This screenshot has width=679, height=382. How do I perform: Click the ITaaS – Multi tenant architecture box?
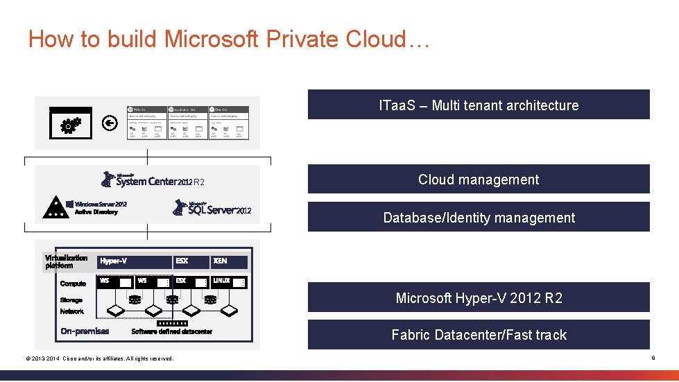pyautogui.click(x=479, y=105)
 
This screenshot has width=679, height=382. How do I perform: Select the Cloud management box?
pyautogui.click(x=479, y=179)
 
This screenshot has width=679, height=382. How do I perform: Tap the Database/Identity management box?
pyautogui.click(x=479, y=217)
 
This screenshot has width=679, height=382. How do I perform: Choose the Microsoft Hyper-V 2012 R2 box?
pyautogui.click(x=479, y=297)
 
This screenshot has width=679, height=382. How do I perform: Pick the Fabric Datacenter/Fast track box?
pyautogui.click(x=479, y=334)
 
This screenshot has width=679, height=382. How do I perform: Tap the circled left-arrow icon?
pyautogui.click(x=108, y=123)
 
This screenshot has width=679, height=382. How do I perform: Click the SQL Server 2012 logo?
pyautogui.click(x=212, y=207)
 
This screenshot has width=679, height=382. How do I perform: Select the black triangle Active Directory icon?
pyautogui.click(x=53, y=207)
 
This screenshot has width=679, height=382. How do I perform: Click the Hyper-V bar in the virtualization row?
pyautogui.click(x=135, y=261)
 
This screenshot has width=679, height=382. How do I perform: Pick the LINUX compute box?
pyautogui.click(x=228, y=281)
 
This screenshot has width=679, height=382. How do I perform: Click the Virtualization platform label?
pyautogui.click(x=66, y=261)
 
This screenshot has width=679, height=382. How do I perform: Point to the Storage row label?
pyautogui.click(x=71, y=300)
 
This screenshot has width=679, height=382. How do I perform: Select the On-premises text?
pyautogui.click(x=85, y=331)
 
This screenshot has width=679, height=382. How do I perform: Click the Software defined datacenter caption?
pyautogui.click(x=171, y=331)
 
